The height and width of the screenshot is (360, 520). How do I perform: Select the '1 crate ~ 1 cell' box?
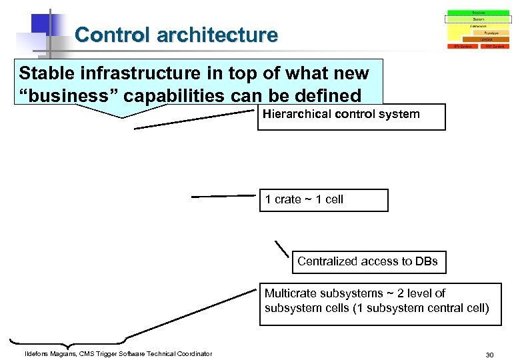pos(323,200)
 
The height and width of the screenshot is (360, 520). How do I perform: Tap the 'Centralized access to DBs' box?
pos(368,261)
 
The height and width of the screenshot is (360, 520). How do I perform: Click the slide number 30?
pos(489,355)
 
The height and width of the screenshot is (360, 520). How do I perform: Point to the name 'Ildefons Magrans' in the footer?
pos(53,353)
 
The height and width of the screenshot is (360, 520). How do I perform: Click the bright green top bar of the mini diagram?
pos(478,13)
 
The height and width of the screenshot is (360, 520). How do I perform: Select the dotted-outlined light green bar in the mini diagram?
pos(478,19)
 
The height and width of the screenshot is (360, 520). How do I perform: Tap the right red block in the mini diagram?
pos(495,47)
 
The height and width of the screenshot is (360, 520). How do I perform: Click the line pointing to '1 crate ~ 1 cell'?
pos(223,197)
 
